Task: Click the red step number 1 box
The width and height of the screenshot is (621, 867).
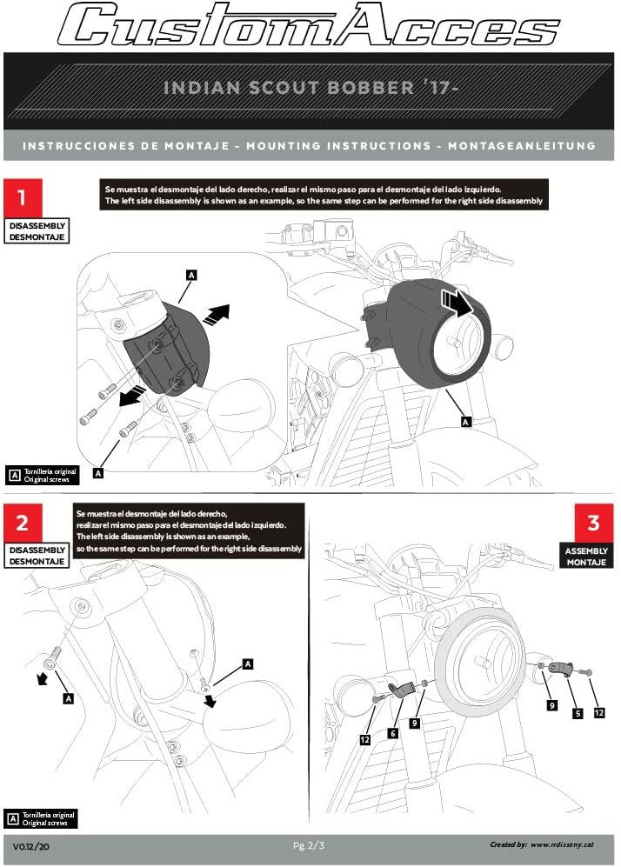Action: pos(23,197)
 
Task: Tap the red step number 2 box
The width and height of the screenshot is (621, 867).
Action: pos(23,523)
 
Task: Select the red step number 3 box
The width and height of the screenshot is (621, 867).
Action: pos(593,523)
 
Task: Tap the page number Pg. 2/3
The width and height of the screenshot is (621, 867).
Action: pos(310,845)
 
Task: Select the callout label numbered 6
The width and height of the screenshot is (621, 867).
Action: pos(393,733)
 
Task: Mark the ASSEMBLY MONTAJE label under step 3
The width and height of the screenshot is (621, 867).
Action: pos(586,557)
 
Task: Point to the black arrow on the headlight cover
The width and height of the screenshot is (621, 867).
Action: pos(455,302)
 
